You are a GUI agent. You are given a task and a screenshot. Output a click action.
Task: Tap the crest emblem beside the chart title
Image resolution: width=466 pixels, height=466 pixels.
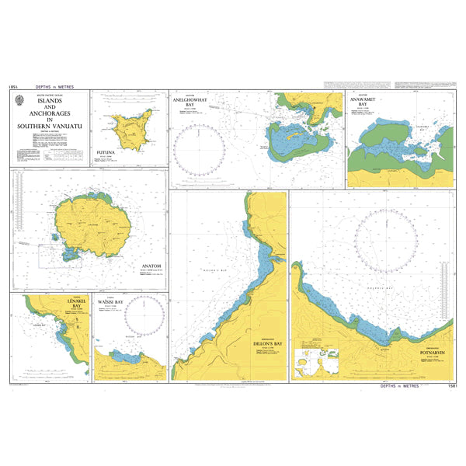click(19, 100)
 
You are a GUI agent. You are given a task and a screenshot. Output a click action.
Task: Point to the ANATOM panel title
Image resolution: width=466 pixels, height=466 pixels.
click(151, 266)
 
